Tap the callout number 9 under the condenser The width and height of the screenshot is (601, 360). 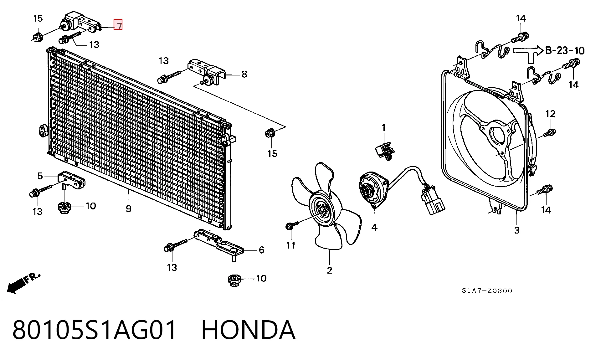click(x=129, y=208)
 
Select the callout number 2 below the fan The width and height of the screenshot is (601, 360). click(x=330, y=270)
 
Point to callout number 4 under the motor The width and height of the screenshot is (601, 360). click(x=374, y=227)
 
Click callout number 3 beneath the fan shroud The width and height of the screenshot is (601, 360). click(x=517, y=230)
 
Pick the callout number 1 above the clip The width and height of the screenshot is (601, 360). click(x=383, y=128)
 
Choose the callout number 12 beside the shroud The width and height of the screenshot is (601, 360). click(x=550, y=114)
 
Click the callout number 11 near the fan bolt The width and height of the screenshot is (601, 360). click(x=291, y=245)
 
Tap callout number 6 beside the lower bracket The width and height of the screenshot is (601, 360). click(x=261, y=250)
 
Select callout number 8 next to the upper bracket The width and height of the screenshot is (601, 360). click(x=244, y=74)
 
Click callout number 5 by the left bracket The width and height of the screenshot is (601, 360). click(x=40, y=176)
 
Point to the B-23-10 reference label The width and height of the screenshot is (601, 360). click(x=565, y=50)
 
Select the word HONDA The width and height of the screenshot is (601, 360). click(x=248, y=330)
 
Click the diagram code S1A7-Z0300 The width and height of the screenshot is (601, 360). click(x=487, y=291)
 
